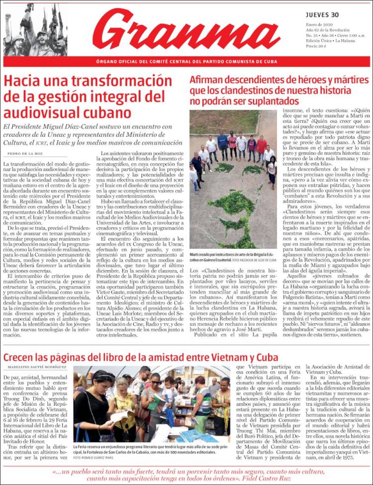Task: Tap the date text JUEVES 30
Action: (322, 14)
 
